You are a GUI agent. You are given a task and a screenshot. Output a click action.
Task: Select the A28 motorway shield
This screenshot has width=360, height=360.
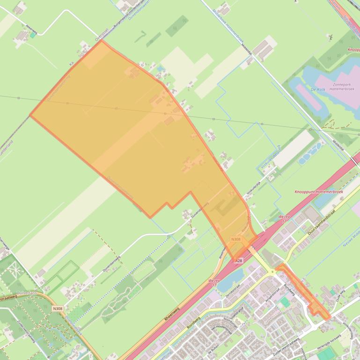[x=239, y=260]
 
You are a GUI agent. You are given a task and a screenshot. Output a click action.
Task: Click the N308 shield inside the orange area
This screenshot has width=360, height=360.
[x=236, y=239]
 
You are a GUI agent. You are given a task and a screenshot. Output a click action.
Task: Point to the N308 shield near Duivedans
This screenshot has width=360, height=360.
[x=58, y=308]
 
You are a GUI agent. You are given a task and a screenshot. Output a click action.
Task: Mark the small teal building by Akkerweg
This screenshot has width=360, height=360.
[x=33, y=34]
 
